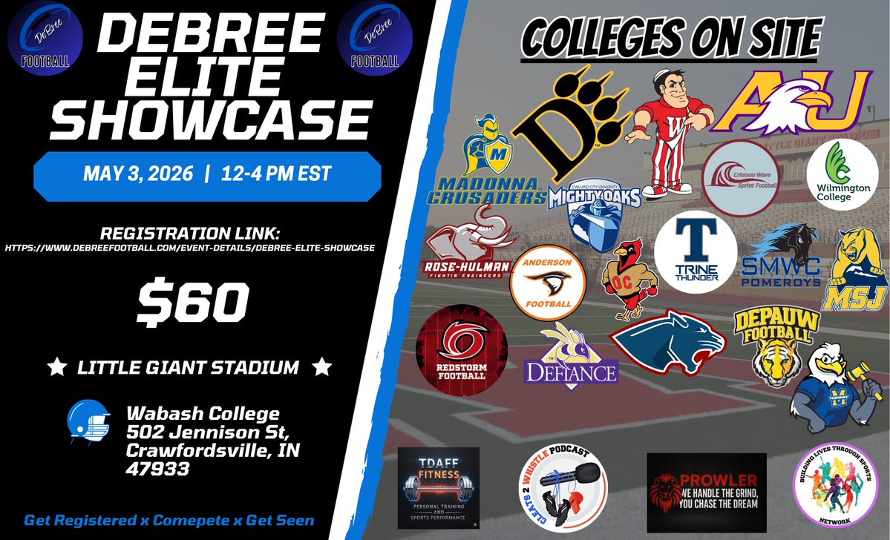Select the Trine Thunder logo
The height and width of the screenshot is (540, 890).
(696, 251)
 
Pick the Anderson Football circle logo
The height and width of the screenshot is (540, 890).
(548, 283)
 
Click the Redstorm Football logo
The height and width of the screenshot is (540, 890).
(462, 347)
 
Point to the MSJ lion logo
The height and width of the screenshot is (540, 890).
(858, 270)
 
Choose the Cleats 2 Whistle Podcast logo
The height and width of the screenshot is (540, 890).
(565, 490)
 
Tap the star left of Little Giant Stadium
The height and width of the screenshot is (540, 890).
(53, 366)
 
